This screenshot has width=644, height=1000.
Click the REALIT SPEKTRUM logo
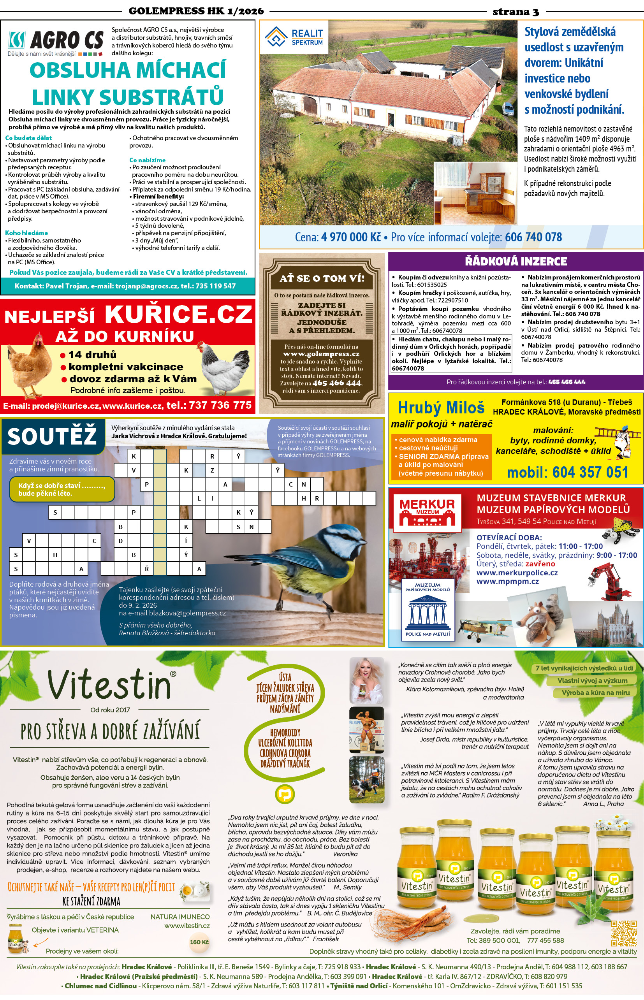coord(294,37)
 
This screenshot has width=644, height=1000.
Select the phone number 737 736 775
coord(220,405)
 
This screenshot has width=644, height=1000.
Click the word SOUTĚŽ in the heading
coord(52,436)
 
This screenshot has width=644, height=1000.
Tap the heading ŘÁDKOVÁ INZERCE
coord(516,262)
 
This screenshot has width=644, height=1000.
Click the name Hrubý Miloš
coord(441,407)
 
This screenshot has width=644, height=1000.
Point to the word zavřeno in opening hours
coord(540,564)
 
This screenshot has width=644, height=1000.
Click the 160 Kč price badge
coord(199,942)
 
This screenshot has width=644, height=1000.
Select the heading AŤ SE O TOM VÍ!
coord(322,278)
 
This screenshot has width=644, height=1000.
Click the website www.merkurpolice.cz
coord(517,573)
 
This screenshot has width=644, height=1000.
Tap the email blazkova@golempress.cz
coord(187,613)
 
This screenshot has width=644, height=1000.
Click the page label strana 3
coord(516,12)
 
